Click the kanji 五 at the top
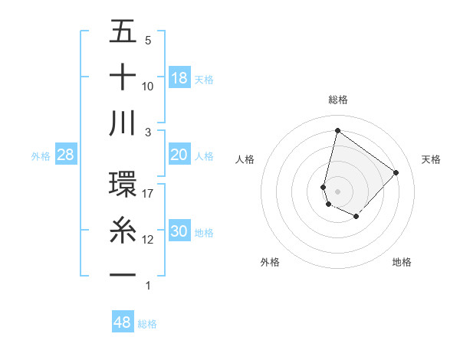[123, 32]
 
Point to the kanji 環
[123, 185]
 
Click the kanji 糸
[123, 230]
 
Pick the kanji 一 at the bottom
[123, 275]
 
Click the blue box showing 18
[179, 78]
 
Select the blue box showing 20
[179, 155]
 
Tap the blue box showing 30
[179, 232]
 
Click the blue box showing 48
[123, 322]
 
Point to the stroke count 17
[148, 193]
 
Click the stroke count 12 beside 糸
[148, 239]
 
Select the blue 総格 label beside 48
[147, 324]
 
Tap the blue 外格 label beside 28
[41, 156]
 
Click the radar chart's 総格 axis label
[338, 100]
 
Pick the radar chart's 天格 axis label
[431, 159]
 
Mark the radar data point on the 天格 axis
[396, 172]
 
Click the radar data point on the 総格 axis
[337, 130]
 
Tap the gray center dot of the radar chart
[337, 191]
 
